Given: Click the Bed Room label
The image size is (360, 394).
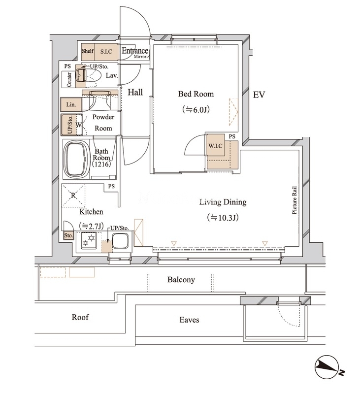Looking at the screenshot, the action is coord(196,94).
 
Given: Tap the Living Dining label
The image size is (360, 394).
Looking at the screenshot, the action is coord(223,202).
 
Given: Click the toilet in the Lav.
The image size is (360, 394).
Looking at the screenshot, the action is coord(88,75).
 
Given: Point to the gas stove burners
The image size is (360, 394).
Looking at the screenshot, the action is coord(89,240).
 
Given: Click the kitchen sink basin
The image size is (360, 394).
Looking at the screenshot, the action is coord(120,241).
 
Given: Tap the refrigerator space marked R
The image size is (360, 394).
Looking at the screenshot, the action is coord(73,195).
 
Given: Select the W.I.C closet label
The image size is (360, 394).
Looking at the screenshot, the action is coord(215,145).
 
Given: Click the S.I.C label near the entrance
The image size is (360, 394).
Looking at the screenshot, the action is coord(106,52).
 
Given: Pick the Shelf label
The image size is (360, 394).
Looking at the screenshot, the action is coord(88,51).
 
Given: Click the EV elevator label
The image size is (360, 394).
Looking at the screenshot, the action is coord(259,95).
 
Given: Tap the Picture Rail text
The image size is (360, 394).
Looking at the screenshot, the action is coord(295,200).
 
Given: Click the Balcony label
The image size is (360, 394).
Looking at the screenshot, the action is coord(181,280).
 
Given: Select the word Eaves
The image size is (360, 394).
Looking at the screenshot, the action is coord(189,320).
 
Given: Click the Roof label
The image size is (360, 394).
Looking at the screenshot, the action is coord(80,317).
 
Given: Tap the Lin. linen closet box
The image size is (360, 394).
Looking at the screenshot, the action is coord(71,104).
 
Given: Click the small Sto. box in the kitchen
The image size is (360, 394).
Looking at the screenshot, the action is coord(68,236).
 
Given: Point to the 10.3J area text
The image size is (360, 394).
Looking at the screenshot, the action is coord(223,218).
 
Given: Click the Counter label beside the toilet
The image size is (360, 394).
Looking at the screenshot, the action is coord(69,79).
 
